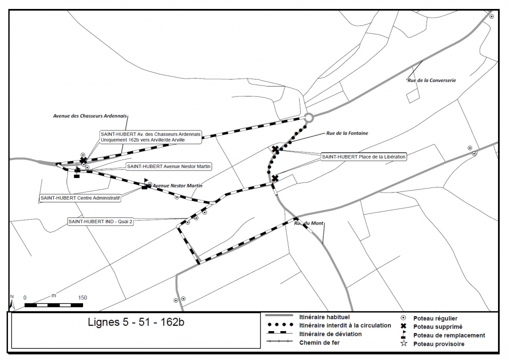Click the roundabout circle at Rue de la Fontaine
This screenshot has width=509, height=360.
[x=309, y=114]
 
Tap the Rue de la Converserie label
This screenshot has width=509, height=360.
[x=432, y=80]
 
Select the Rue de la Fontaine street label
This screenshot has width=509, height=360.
[x=347, y=133]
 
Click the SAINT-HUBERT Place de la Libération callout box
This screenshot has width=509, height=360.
[x=363, y=157]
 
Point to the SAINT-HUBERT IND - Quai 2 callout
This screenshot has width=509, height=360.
[x=100, y=222]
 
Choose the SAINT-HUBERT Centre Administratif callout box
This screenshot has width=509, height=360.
[x=80, y=198]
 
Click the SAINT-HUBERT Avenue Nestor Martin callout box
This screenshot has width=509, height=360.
[x=169, y=167]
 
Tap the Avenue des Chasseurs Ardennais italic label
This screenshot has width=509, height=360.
[x=90, y=116]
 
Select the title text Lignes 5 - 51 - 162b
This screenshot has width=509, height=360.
[x=136, y=322]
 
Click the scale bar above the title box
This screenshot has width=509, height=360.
[x=54, y=305]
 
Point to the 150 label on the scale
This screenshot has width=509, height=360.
[x=83, y=298]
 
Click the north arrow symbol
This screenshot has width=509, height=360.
[x=12, y=302]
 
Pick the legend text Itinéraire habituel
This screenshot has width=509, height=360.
[x=324, y=317]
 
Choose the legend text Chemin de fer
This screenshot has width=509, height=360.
[x=320, y=343]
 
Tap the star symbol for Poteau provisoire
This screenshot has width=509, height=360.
[x=404, y=343]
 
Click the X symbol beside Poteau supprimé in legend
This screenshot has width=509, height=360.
[x=404, y=326]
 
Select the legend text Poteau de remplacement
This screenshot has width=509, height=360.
[x=449, y=335]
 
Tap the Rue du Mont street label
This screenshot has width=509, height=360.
[x=309, y=223]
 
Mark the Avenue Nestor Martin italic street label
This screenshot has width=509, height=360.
[x=177, y=185]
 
